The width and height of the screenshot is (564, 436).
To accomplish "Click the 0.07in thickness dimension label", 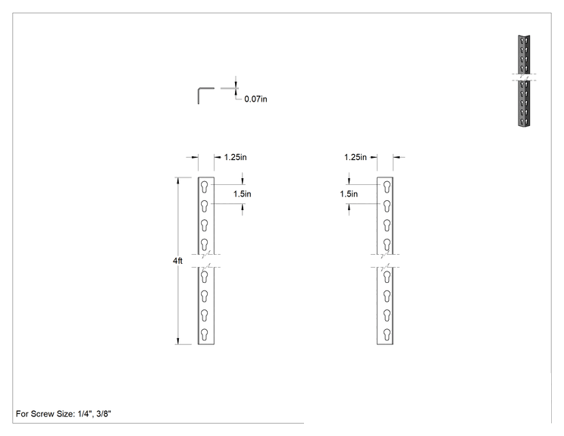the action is [255, 99].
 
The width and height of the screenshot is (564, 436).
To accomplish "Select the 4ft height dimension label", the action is [177, 261].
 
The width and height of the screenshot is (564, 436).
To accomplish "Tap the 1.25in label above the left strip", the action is [235, 157].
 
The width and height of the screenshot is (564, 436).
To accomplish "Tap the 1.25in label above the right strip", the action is [356, 157].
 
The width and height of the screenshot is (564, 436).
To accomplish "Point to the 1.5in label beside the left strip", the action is [242, 194].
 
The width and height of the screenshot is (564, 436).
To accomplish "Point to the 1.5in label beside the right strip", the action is [349, 194].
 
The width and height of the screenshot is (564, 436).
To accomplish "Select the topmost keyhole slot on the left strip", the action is [205, 187].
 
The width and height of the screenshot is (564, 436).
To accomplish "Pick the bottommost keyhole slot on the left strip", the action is [205, 334].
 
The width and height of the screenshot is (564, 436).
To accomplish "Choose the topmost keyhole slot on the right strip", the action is [387, 187].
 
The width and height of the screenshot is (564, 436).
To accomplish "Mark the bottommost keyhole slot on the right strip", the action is [387, 334].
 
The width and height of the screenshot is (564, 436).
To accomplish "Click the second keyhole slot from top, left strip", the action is [205, 206].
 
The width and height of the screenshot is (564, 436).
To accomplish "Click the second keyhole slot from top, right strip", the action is [387, 206].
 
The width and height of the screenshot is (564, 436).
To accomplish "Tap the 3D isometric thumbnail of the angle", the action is [524, 80].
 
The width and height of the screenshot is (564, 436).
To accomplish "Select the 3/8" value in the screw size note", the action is [104, 414].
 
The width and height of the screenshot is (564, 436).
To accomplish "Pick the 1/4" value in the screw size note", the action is [85, 414].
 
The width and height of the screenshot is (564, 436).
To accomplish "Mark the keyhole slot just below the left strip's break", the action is [205, 277].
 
